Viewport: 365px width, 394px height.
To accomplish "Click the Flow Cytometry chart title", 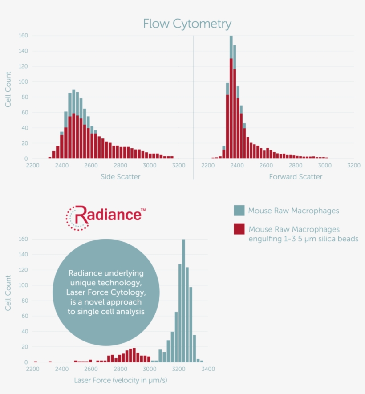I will (187, 24).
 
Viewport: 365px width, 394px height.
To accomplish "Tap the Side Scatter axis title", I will (120, 177).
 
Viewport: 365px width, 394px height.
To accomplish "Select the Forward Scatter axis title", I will (296, 177).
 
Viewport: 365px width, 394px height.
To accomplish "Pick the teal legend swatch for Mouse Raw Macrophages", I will (239, 211).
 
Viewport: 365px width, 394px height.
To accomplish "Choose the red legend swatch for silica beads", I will (239, 229).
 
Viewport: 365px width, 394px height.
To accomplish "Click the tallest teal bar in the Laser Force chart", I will (183, 303).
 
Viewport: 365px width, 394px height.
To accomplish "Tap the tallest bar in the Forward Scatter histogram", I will (231, 98).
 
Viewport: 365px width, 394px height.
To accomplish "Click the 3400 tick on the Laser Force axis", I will (208, 369).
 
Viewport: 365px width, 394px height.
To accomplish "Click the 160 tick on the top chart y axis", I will (23, 35).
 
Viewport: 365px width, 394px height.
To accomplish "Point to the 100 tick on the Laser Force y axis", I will (23, 285).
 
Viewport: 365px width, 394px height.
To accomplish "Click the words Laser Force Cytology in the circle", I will (105, 292).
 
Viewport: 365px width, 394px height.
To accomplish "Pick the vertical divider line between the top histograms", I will (193, 107).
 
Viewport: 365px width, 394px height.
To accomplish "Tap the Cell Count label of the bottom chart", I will (8, 293).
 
